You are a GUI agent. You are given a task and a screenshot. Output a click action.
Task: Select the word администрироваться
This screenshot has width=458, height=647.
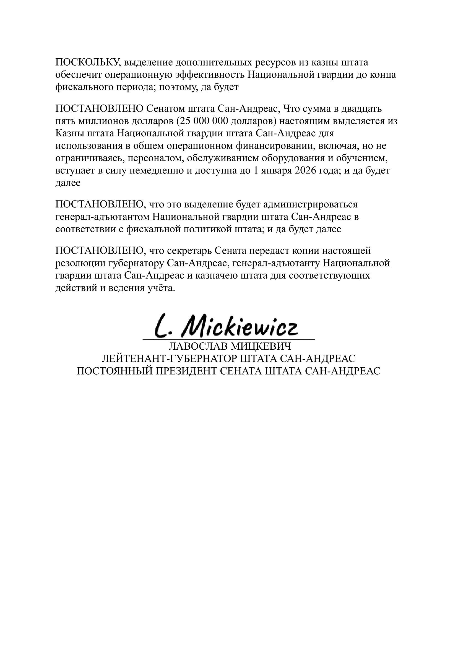tap(310, 204)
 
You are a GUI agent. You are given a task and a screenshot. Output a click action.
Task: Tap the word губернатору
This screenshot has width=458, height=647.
tap(136, 263)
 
